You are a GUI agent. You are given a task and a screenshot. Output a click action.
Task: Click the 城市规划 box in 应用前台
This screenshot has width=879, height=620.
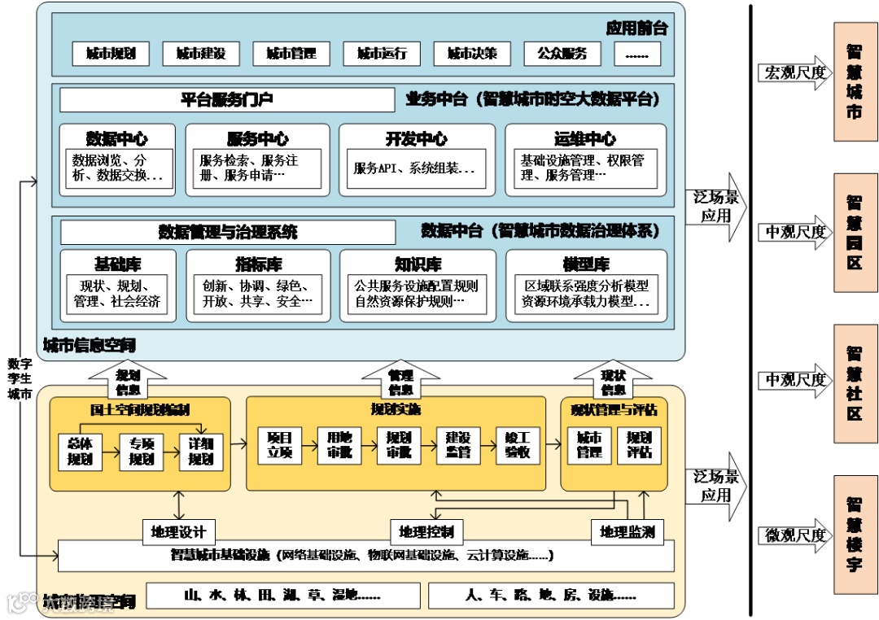point(111,54)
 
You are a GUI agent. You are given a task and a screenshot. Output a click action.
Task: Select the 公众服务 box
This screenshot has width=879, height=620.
point(562,54)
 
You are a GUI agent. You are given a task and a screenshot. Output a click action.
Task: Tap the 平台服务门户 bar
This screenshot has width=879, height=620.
point(226,100)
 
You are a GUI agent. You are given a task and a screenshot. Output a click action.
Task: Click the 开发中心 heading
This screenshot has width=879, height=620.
point(416,138)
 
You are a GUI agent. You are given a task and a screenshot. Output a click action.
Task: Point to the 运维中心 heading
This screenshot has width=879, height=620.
point(584,138)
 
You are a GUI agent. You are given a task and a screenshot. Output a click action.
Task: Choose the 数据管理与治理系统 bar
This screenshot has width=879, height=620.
point(228,233)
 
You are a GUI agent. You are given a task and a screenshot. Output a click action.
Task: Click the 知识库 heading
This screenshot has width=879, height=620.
point(417,264)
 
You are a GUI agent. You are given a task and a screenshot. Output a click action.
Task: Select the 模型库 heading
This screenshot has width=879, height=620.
point(585,264)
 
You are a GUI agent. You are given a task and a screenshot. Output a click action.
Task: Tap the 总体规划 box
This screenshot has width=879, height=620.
point(80,451)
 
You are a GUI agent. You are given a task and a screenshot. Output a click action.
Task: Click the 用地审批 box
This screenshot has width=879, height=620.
point(339,444)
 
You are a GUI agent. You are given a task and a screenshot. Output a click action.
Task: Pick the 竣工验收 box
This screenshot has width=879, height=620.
point(518,444)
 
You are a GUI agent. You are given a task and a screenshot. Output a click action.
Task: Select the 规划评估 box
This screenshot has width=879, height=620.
point(639,444)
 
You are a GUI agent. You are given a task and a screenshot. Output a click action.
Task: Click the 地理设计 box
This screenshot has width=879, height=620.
point(178,533)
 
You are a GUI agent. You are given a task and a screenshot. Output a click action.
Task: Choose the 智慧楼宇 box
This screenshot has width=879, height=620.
point(855,534)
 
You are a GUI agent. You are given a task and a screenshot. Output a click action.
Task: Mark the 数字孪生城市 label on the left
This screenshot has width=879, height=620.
point(19,379)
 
